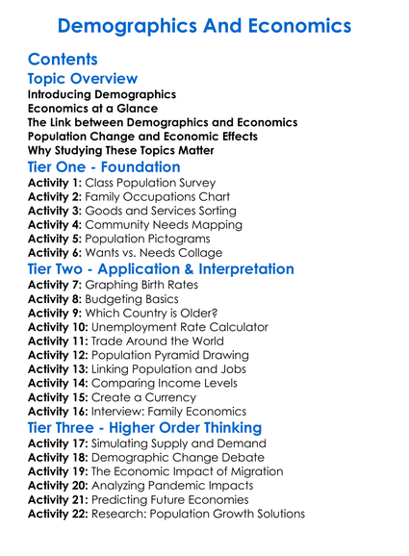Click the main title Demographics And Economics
coord(204,25)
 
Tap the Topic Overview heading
coord(83,79)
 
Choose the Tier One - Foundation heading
coord(104,166)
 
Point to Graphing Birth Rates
coord(143,285)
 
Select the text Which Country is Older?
coord(160,313)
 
